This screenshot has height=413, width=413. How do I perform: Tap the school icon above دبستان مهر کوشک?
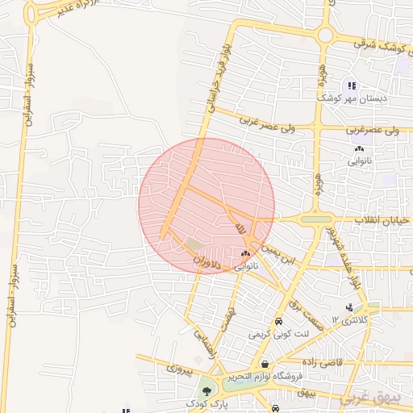point(351,85)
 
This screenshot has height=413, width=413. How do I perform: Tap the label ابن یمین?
point(285,261)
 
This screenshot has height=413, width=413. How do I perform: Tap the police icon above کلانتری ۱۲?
point(349,307)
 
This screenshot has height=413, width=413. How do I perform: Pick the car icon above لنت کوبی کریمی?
point(277,319)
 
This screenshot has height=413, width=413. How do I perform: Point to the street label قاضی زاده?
point(323,362)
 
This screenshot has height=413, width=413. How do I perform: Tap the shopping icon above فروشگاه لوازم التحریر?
point(265,363)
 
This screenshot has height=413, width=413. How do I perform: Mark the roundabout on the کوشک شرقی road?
point(326,35)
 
